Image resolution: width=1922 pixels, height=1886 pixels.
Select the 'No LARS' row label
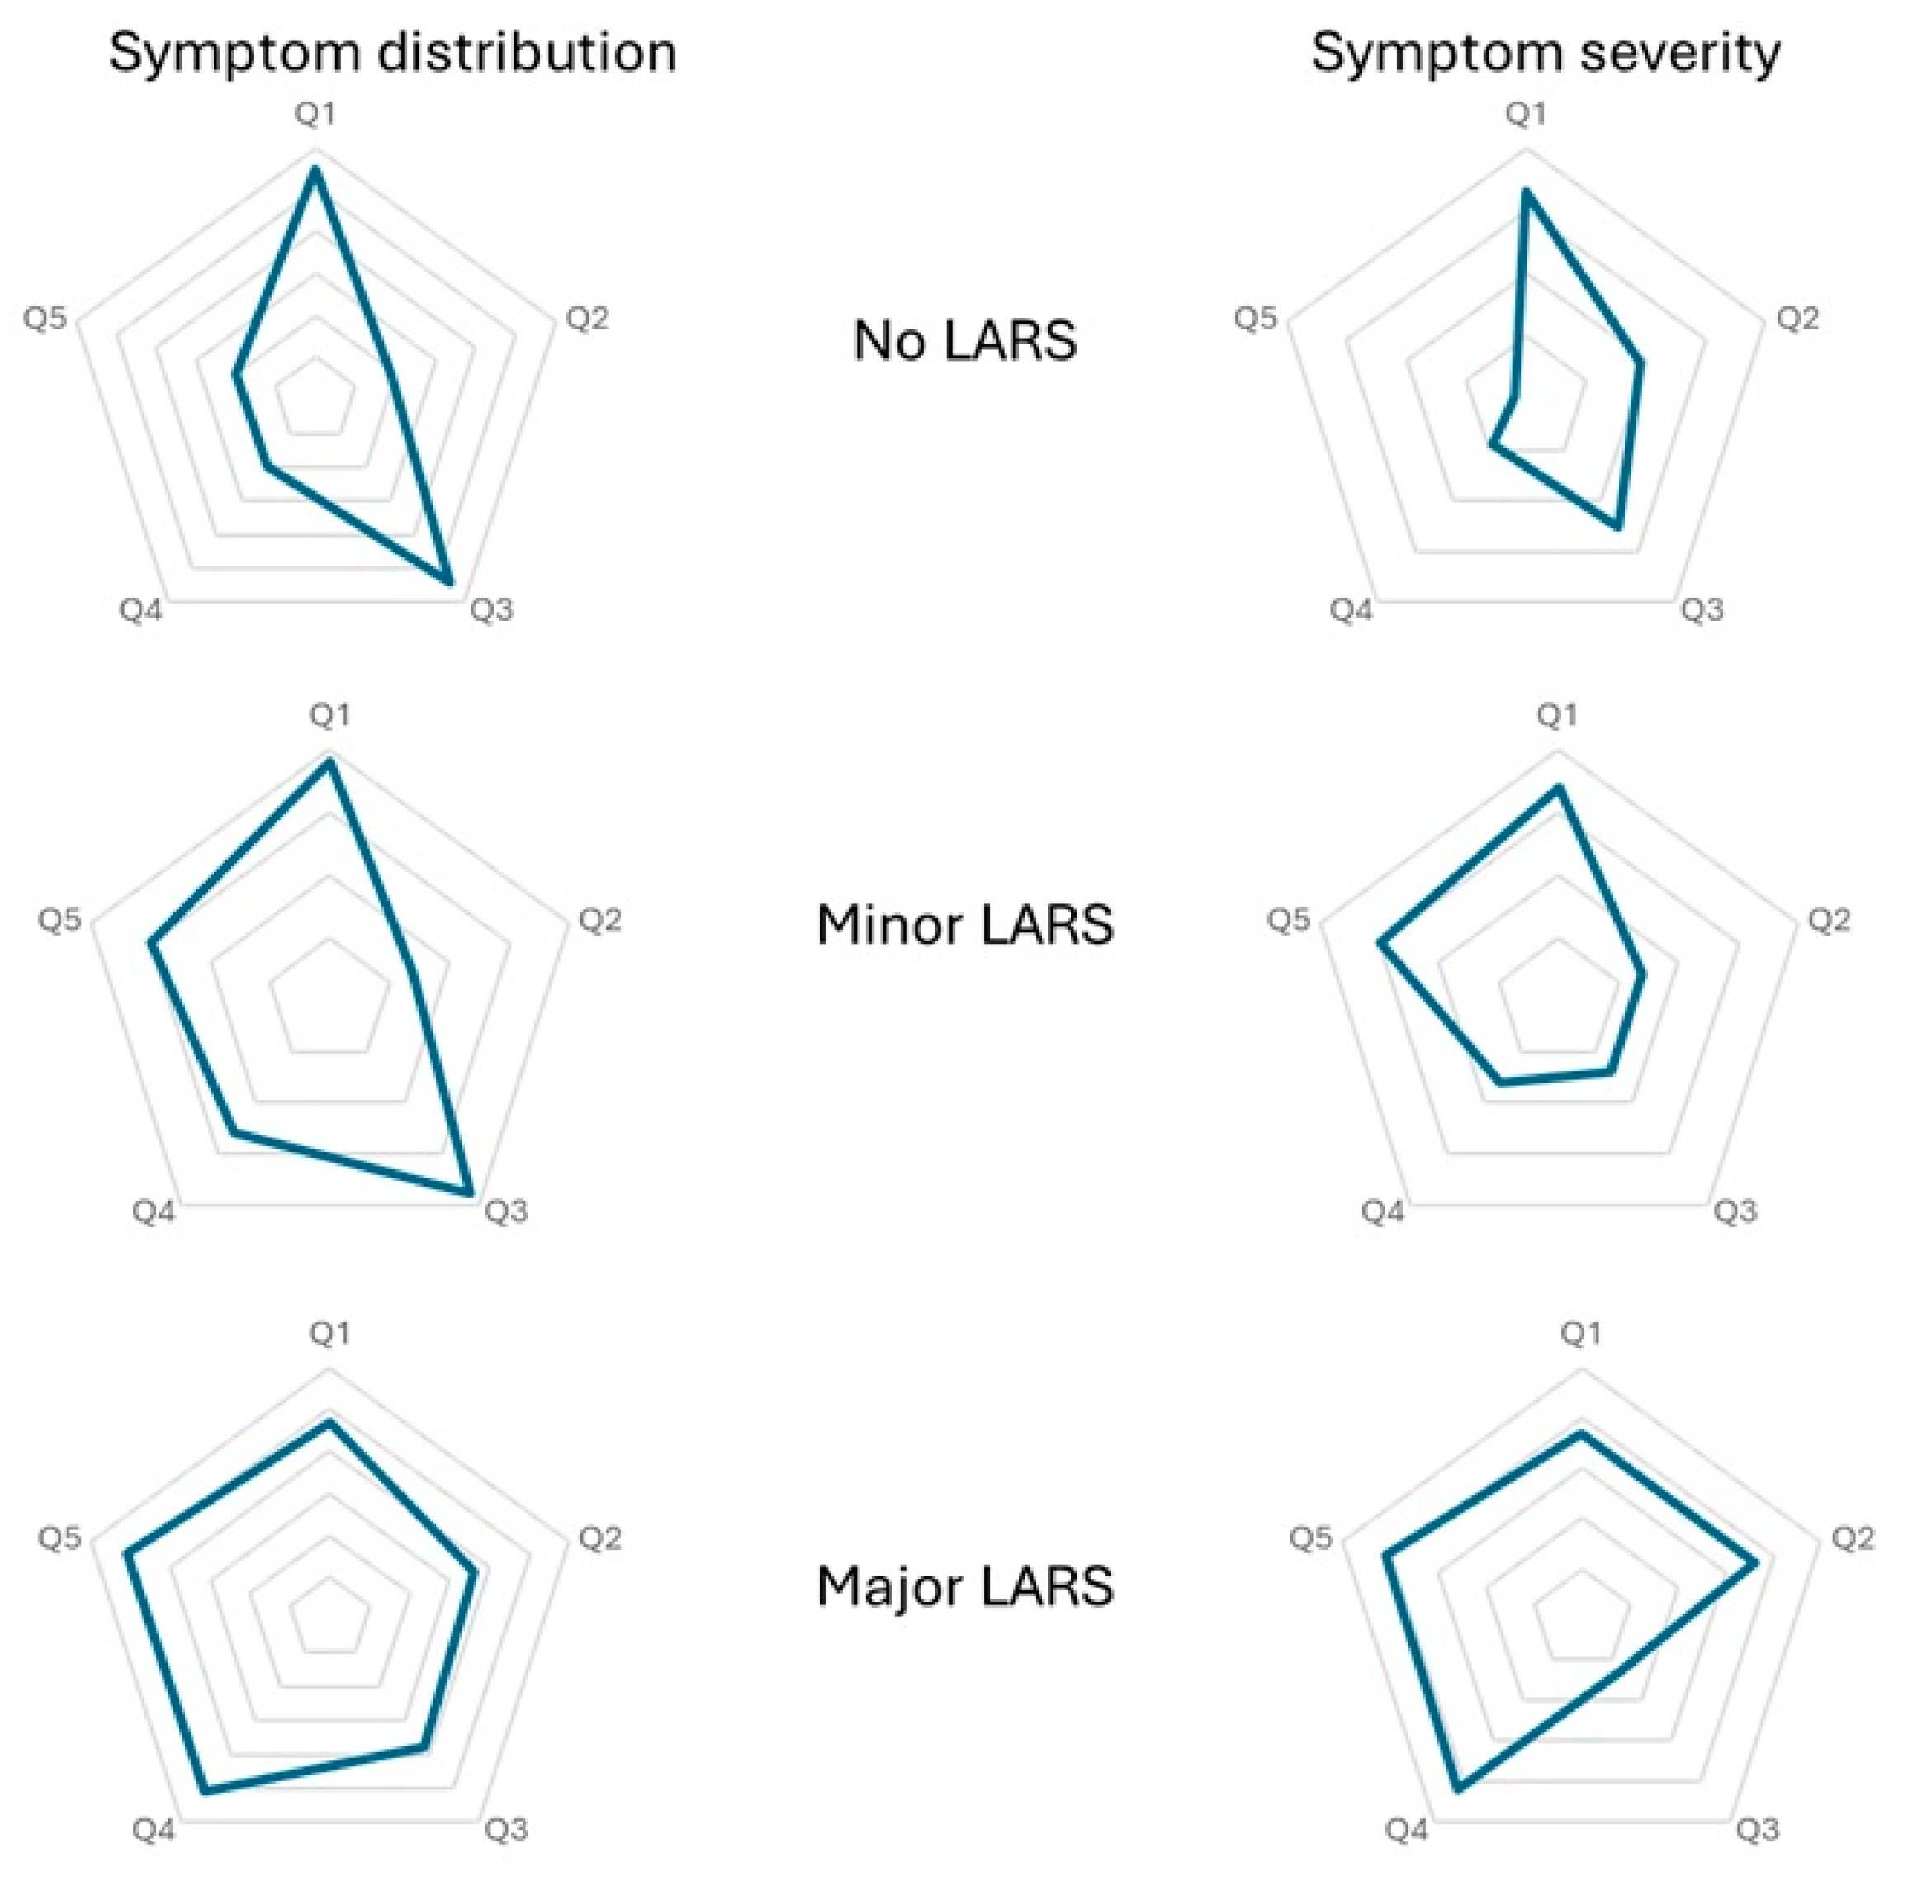point(964,341)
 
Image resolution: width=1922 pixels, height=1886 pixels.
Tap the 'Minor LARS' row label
point(964,925)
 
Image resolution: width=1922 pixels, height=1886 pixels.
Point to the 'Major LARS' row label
point(964,1586)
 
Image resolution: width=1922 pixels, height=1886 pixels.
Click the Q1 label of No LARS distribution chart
point(315,114)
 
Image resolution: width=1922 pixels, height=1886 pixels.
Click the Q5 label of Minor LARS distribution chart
point(59,920)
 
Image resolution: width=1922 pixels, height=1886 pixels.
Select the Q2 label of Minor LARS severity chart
point(1828,920)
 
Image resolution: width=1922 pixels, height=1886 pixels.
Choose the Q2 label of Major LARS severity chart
point(1852,1538)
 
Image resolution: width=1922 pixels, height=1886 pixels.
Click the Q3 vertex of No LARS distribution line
point(451,584)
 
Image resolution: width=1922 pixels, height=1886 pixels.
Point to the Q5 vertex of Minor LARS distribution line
point(152,944)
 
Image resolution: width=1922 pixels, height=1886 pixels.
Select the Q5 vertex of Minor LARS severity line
point(1380,942)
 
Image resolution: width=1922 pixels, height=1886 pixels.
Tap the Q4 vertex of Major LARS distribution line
point(205,1791)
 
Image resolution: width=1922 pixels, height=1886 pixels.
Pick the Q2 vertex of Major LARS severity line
point(1756,1563)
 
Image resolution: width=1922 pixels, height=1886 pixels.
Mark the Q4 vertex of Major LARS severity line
point(1457,1789)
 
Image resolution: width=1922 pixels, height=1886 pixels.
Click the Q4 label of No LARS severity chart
point(1351,610)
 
